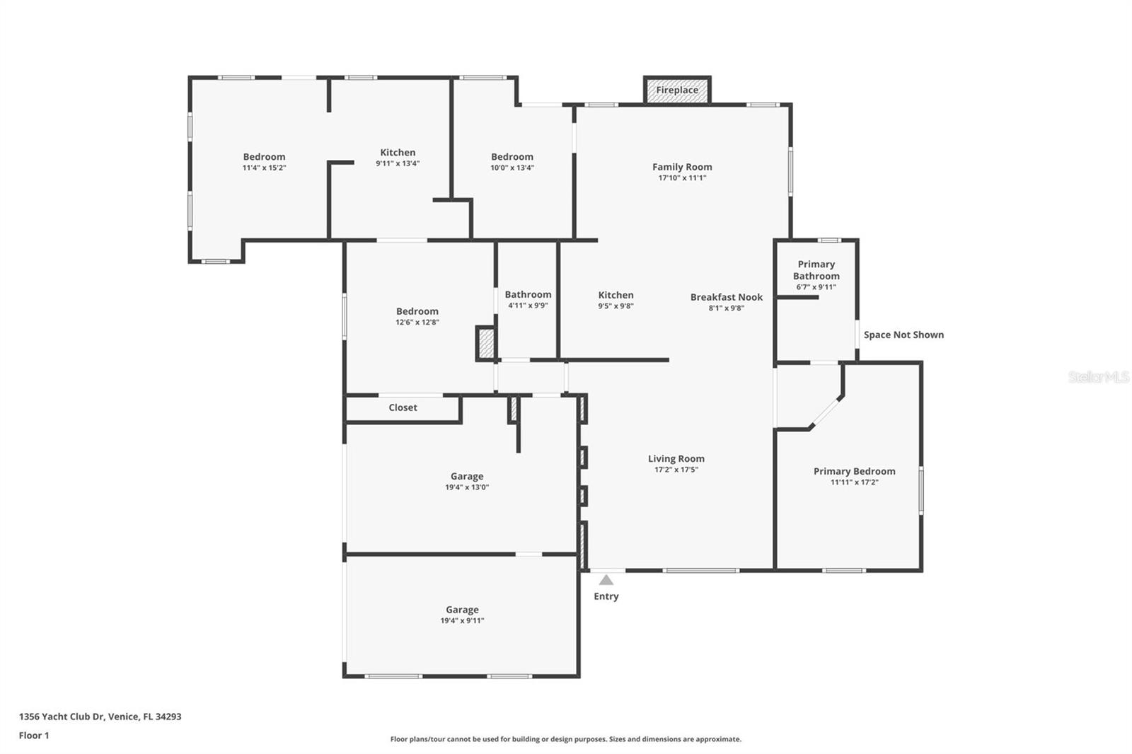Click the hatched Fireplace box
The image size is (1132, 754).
pyautogui.click(x=677, y=90)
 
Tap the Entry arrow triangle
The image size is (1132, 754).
pyautogui.click(x=606, y=580)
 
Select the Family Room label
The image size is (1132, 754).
pyautogui.click(x=682, y=167)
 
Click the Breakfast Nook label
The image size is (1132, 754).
pyautogui.click(x=727, y=297)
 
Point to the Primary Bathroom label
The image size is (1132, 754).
pyautogui.click(x=816, y=270)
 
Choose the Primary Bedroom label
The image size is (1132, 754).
pyautogui.click(x=854, y=471)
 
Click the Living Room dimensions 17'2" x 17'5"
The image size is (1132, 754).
pyautogui.click(x=676, y=470)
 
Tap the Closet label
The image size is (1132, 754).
pyautogui.click(x=403, y=407)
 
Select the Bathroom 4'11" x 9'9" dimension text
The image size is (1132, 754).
pyautogui.click(x=528, y=306)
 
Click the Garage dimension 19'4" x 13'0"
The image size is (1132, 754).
pyautogui.click(x=467, y=487)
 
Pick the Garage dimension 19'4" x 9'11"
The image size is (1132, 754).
pyautogui.click(x=462, y=621)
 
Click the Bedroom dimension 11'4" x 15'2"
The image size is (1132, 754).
pyautogui.click(x=264, y=168)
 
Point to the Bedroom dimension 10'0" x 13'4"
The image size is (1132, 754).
pyautogui.click(x=512, y=168)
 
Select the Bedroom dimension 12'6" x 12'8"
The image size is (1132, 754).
pyautogui.click(x=417, y=323)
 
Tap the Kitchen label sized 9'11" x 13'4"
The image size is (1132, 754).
pyautogui.click(x=398, y=152)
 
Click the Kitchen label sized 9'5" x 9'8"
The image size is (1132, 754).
pyautogui.click(x=616, y=295)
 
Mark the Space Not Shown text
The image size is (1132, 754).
pyautogui.click(x=903, y=335)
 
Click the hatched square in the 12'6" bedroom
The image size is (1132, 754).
pyautogui.click(x=486, y=344)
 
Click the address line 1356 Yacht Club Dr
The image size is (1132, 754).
pyautogui.click(x=100, y=717)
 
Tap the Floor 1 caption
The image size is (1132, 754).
pyautogui.click(x=34, y=736)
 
